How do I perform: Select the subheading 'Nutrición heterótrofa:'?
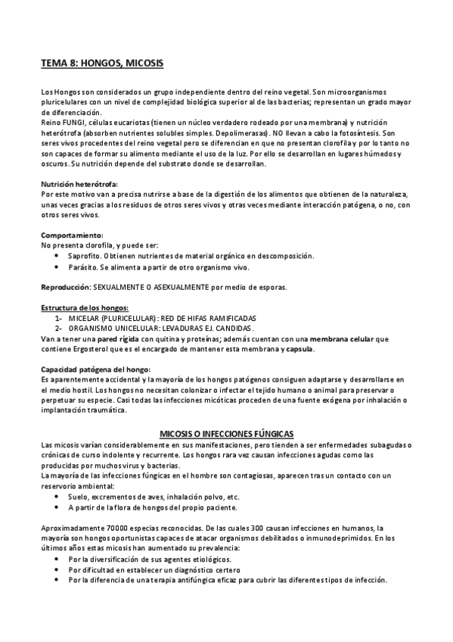tap(79, 184)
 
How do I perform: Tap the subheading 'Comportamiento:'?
tap(71, 235)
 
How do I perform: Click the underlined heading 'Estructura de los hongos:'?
tap(85, 307)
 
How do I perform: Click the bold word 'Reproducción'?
tap(65, 288)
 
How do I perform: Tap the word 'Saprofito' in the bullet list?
tap(85, 256)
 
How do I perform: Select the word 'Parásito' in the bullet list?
tap(83, 267)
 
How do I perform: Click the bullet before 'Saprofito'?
tap(59, 256)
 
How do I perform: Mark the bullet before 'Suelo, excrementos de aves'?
tap(59, 496)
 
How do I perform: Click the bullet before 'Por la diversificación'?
tap(59, 558)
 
